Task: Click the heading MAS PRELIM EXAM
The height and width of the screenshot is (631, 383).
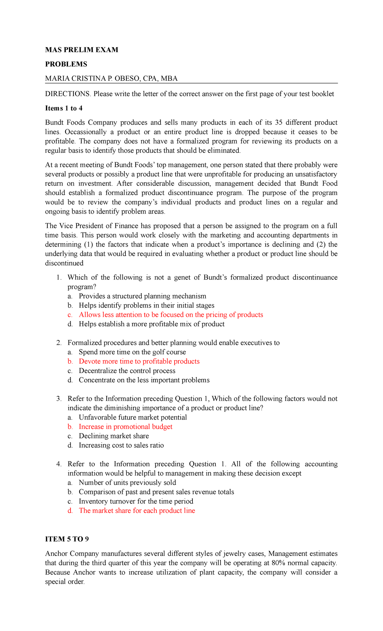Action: tap(82, 50)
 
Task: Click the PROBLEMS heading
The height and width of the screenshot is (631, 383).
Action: tap(66, 64)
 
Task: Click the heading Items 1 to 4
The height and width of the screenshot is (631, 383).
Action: tap(64, 108)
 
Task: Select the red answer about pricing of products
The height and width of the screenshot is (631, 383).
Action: tap(171, 315)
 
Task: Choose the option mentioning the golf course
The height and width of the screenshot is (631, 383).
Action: tap(132, 352)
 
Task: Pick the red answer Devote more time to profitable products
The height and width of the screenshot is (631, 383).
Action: tap(139, 361)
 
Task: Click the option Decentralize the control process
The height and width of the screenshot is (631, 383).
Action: tap(127, 371)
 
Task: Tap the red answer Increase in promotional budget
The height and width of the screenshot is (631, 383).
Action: tap(125, 427)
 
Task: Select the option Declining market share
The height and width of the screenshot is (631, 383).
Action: tap(114, 436)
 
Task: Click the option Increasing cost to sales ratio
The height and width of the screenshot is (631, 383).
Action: tap(121, 445)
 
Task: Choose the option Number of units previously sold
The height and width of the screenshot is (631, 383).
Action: tap(127, 483)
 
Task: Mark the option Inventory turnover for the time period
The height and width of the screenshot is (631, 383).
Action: tap(136, 501)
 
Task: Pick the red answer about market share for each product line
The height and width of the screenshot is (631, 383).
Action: tap(137, 511)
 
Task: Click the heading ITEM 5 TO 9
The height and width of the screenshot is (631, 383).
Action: tap(67, 539)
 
